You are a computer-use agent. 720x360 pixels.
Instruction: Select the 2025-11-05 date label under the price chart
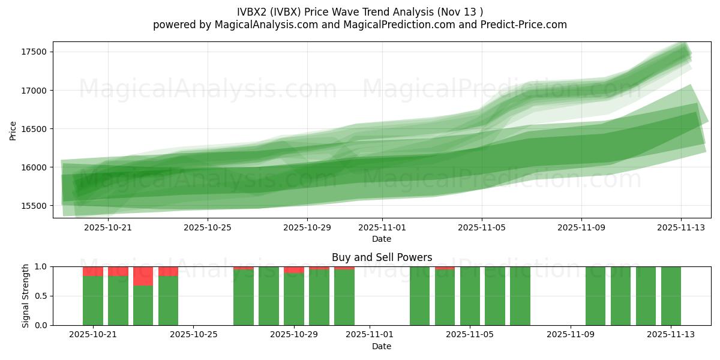point(481,227)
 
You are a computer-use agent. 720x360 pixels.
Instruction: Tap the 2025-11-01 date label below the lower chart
point(369,335)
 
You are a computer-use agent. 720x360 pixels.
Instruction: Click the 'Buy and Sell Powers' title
point(382,257)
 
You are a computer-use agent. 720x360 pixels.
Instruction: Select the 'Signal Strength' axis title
point(26,296)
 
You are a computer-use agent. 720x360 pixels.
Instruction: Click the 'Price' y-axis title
point(13,130)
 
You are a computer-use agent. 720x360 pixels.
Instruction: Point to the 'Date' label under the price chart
point(382,239)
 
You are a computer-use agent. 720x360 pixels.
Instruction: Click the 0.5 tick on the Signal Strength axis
point(42,296)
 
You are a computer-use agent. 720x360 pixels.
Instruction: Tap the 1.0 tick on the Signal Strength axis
point(42,266)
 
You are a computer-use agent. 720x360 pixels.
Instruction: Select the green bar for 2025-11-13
point(671,296)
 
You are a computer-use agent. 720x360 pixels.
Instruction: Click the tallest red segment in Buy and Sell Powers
point(143,276)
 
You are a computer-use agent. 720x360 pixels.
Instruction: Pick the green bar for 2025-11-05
point(470,296)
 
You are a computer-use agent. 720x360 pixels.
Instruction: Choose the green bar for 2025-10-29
point(294,299)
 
